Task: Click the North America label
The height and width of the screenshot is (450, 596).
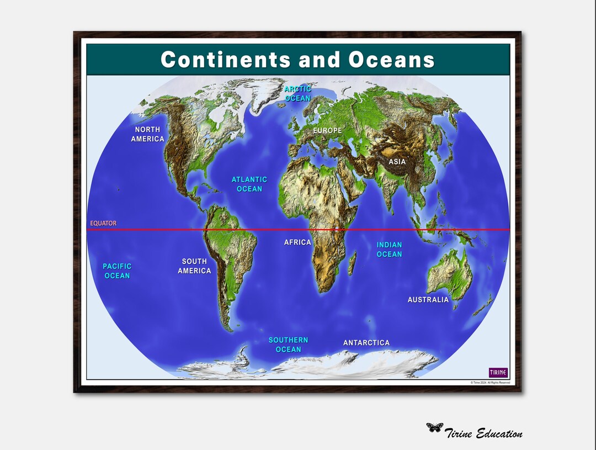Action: [147, 134]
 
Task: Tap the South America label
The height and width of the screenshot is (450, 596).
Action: [194, 266]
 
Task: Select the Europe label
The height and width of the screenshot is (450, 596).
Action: [327, 131]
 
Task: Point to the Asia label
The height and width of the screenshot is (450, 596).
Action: [397, 162]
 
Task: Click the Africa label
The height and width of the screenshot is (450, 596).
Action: [297, 242]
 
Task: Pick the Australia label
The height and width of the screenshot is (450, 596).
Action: [428, 300]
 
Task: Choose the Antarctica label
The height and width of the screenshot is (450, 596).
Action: [366, 343]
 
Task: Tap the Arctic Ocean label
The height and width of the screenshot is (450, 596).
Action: [298, 93]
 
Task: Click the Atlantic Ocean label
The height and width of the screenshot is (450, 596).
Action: [249, 184]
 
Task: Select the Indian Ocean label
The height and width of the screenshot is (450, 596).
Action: [389, 250]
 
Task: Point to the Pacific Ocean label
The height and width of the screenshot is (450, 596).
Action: [117, 271]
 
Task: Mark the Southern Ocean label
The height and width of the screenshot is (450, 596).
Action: [288, 345]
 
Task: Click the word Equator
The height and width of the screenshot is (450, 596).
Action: [103, 224]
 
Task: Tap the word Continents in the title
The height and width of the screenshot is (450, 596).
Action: [226, 60]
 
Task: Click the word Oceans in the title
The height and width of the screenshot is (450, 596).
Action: [392, 60]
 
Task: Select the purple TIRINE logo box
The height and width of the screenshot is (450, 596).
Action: [498, 372]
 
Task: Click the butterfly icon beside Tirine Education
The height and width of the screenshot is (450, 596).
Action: [434, 427]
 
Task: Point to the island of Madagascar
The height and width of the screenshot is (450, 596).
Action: [352, 263]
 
